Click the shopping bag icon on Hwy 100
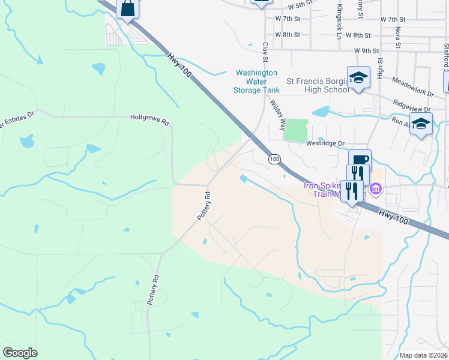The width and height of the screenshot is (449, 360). click(128, 8)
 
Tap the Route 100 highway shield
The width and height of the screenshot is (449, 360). click(274, 159)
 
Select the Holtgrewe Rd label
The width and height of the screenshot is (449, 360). click(150, 119)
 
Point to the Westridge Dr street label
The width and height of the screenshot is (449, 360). click(325, 144)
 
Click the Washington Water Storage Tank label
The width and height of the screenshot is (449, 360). click(256, 81)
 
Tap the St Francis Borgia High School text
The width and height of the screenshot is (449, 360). click(318, 85)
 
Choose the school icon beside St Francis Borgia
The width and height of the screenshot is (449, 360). click(359, 77)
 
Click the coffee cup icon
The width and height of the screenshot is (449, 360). click(360, 160)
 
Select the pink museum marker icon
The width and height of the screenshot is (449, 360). click(376, 190)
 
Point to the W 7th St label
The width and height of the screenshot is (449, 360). click(288, 20)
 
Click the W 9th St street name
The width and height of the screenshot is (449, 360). click(367, 51)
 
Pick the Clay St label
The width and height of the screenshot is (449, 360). click(264, 51)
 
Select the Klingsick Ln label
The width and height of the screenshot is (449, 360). click(339, 23)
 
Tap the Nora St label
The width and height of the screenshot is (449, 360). click(397, 28)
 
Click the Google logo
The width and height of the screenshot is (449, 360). click(20, 353)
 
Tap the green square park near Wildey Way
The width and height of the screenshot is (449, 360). click(295, 130)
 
